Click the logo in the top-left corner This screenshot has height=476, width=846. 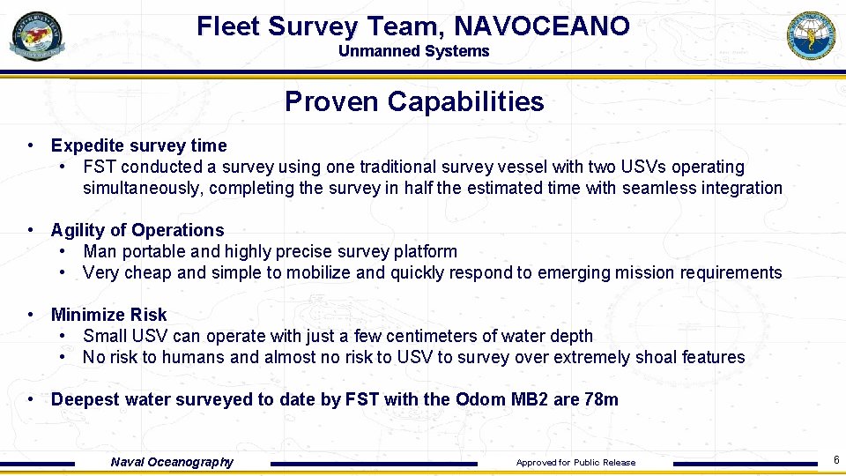[36, 36]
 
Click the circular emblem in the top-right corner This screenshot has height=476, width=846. [811, 36]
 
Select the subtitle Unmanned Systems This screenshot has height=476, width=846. [413, 51]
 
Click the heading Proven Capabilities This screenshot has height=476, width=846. [414, 101]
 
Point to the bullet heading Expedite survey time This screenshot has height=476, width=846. [138, 145]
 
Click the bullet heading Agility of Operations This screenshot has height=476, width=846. [137, 230]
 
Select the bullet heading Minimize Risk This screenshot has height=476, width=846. [108, 315]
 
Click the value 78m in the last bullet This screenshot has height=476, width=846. [601, 399]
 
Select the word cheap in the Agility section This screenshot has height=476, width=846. [147, 272]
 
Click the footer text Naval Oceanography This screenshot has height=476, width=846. [172, 462]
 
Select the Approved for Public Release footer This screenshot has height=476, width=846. [575, 463]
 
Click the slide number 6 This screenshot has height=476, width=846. [835, 458]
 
